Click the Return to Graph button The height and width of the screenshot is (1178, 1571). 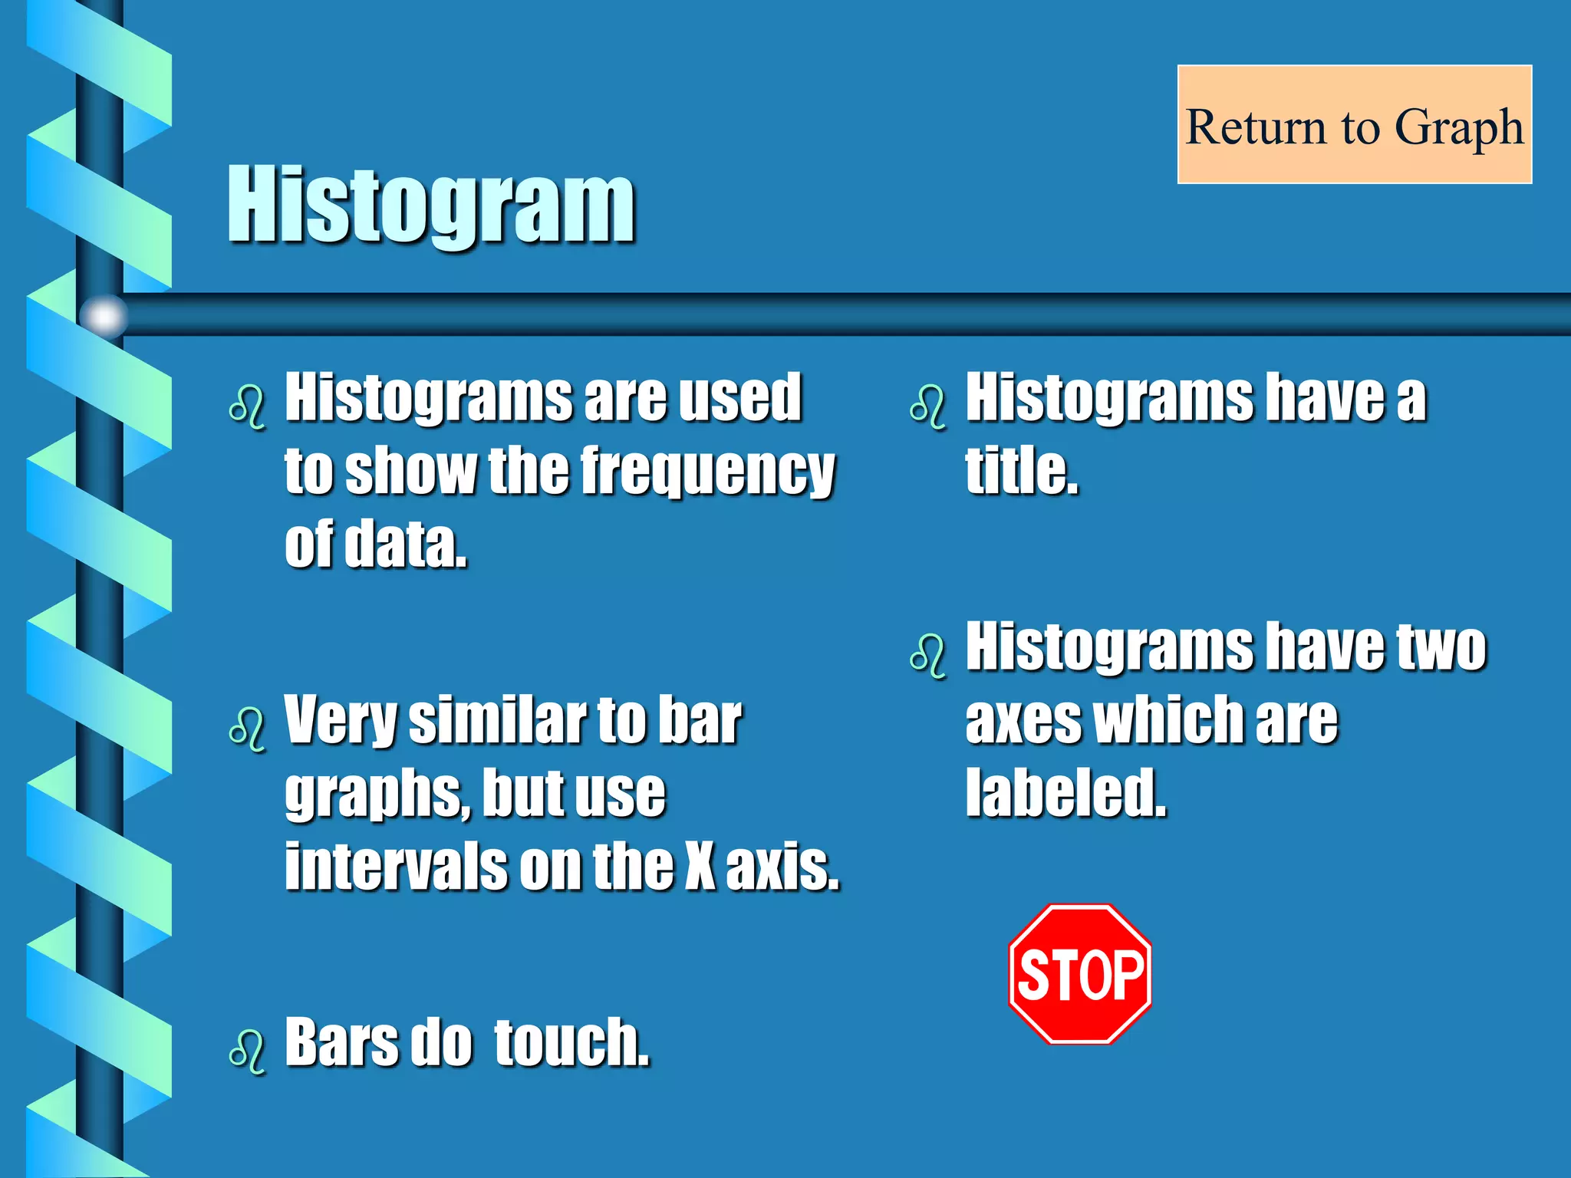click(1355, 125)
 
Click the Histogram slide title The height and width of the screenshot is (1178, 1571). click(431, 205)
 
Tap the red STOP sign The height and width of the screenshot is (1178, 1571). click(1080, 974)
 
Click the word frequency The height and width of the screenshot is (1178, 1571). click(708, 471)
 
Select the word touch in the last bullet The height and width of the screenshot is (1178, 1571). click(571, 1042)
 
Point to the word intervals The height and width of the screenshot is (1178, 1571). click(396, 866)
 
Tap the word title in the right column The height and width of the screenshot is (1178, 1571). click(1021, 470)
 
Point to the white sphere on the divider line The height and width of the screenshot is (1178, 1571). click(104, 315)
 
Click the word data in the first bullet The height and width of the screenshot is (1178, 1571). click(406, 544)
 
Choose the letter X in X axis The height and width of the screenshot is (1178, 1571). click(700, 866)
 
